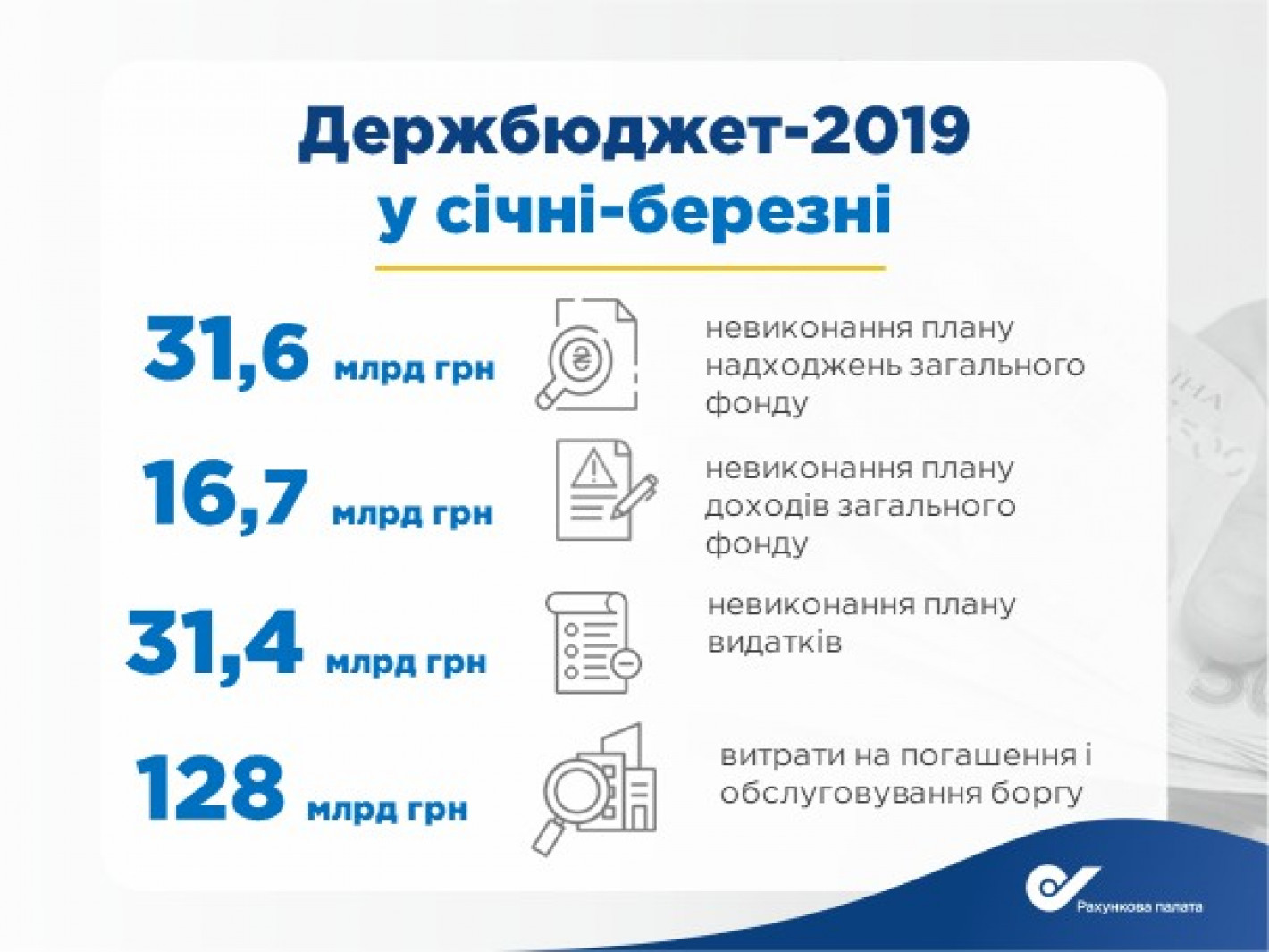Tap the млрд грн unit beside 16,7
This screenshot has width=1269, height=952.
[413, 514]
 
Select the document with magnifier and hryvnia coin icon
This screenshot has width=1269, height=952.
[587, 355]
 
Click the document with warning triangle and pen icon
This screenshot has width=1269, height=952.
[605, 490]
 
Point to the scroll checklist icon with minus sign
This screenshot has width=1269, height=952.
[593, 642]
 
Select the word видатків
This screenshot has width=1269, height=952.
[775, 642]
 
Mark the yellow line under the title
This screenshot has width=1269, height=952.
[631, 268]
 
